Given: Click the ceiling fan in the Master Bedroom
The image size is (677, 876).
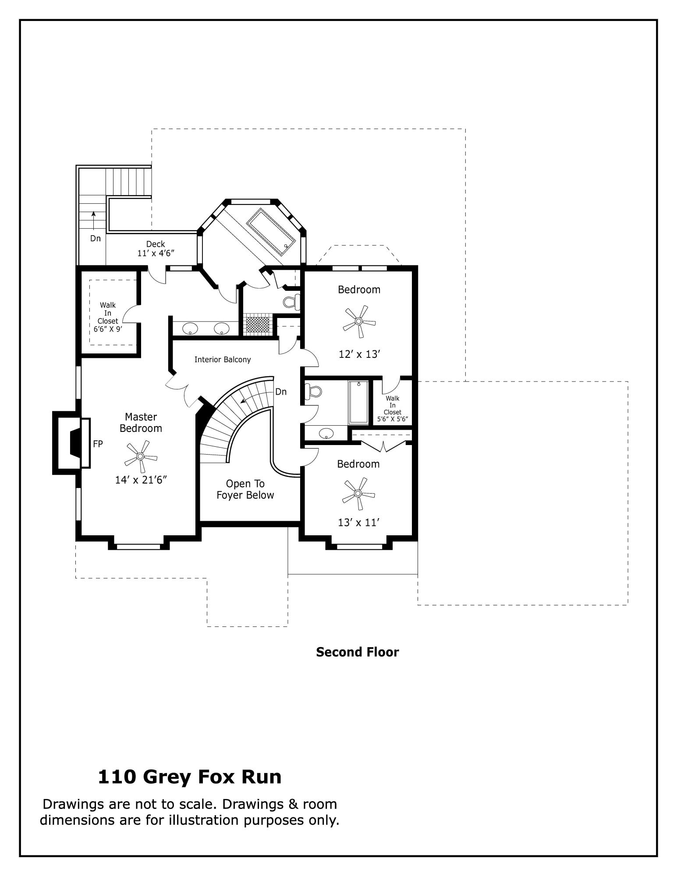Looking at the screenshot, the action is [140, 456].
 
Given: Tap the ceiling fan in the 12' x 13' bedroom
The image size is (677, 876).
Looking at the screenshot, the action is [359, 321].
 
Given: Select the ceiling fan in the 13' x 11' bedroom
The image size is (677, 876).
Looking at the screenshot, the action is [358, 494].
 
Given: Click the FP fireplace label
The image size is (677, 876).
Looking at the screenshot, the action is [98, 444].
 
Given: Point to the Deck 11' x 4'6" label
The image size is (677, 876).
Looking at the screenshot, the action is [156, 248].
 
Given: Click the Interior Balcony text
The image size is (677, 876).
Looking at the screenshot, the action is [223, 360].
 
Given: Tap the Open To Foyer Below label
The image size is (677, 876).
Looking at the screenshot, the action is [245, 489].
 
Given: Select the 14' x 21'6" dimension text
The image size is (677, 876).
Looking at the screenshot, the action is [142, 480].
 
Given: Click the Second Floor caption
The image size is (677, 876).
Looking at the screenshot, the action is [358, 652].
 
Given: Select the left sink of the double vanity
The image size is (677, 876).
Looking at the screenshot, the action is [190, 328].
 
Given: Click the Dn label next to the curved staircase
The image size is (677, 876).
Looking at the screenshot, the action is [281, 392].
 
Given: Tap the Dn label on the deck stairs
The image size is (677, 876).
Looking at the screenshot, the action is [96, 238].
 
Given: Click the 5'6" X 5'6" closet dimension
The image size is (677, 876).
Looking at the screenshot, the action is [393, 419].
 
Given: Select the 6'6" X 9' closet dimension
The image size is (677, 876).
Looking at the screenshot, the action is [108, 329].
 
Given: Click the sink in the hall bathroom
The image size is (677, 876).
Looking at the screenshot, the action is [326, 434].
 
